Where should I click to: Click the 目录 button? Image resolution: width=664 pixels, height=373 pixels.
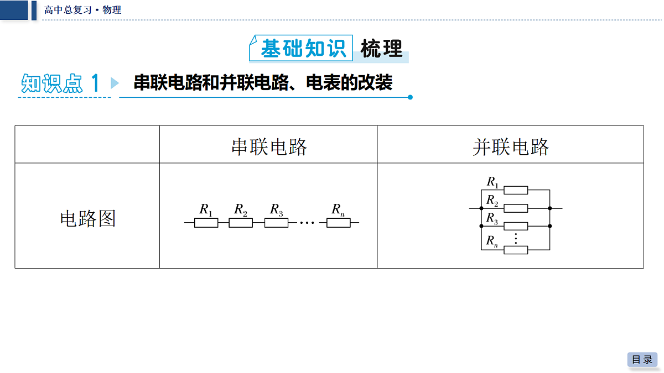click(642, 360)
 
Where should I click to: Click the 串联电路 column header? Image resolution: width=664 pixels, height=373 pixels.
click(269, 147)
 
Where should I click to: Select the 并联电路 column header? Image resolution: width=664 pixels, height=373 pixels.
click(510, 147)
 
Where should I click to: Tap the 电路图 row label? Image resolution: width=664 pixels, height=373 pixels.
click(87, 219)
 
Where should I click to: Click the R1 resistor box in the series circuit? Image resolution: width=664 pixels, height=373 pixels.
click(206, 223)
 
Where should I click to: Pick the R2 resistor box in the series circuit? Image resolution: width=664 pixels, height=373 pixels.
click(241, 223)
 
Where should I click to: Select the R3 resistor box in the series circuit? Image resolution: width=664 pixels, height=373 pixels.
click(276, 223)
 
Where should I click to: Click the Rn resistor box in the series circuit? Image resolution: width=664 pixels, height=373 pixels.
click(339, 223)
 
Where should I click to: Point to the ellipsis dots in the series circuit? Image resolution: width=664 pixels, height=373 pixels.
click(307, 223)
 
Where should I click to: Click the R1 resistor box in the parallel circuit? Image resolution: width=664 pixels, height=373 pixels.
click(516, 190)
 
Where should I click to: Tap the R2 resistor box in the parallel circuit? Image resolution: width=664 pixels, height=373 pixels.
click(516, 208)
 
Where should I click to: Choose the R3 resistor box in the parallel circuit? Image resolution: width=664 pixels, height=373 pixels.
click(516, 226)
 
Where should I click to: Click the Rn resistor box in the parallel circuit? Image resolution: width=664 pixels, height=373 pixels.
click(516, 250)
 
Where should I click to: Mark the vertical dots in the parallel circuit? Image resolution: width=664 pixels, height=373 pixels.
click(516, 238)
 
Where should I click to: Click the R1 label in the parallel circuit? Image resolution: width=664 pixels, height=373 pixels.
click(492, 182)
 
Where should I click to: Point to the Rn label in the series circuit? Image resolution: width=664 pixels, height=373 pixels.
click(338, 210)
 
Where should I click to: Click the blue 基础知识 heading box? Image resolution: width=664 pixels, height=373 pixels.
click(301, 48)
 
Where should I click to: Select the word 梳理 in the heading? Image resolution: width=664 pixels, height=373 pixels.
click(381, 48)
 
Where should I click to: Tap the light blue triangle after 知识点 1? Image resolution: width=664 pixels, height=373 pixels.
click(115, 83)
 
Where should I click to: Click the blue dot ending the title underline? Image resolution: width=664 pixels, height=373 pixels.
click(410, 97)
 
